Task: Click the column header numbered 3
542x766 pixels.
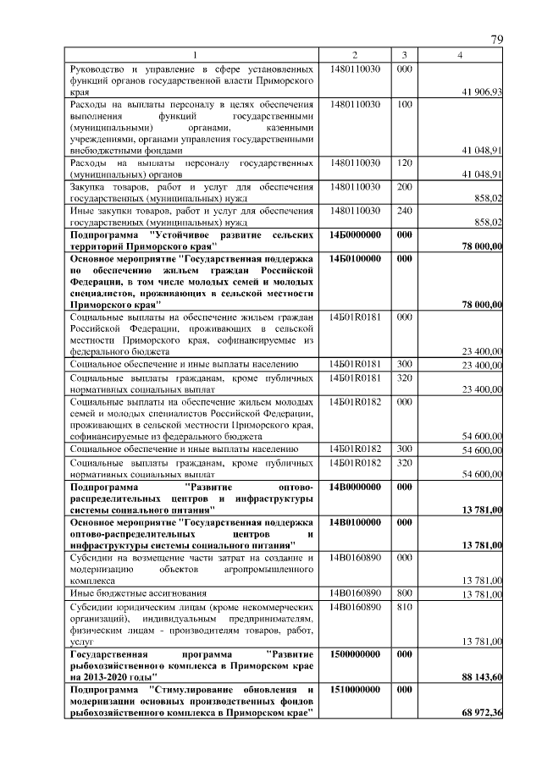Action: (405, 55)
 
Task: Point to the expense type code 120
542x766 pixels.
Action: (405, 162)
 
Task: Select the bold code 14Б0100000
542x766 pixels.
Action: (355, 256)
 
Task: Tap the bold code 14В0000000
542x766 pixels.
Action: (355, 488)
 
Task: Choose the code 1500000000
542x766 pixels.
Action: (355, 654)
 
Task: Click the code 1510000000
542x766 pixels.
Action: (355, 690)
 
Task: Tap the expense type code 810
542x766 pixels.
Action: (405, 607)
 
